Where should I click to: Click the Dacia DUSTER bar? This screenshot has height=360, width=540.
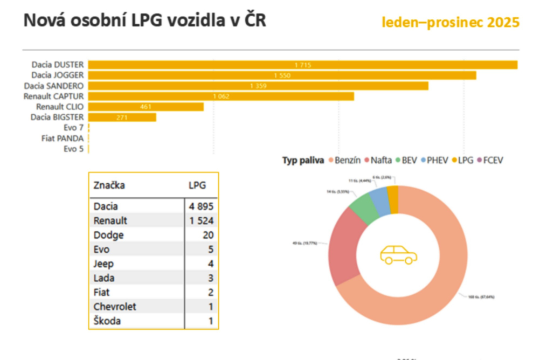point(302,65)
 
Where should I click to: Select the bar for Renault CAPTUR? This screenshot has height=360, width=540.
point(221,96)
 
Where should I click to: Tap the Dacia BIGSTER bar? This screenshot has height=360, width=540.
point(122,117)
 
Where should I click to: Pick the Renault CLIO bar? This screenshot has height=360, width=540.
point(146,107)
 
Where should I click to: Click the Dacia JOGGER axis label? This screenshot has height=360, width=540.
point(57,75)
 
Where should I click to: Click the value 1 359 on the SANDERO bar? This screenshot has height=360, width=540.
point(258,86)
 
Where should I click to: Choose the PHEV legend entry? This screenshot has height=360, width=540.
point(435,160)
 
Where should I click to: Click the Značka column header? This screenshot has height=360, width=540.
point(109,185)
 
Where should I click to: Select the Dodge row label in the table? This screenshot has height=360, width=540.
point(108,235)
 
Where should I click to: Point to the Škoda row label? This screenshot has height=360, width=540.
point(107,321)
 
